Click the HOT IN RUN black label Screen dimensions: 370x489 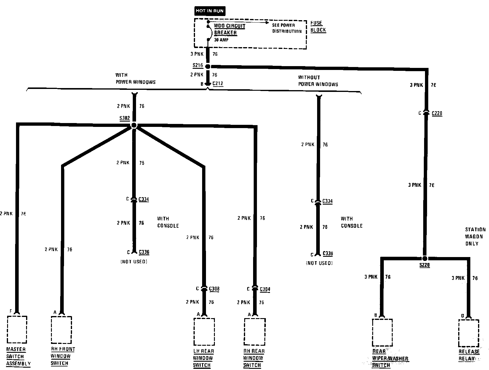click(x=210, y=11)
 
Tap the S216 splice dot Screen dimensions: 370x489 click(x=208, y=66)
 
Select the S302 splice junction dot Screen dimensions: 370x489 click(x=134, y=125)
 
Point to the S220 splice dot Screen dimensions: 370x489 click(x=425, y=258)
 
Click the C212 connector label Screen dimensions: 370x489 click(x=218, y=84)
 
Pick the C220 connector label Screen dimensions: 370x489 click(x=437, y=113)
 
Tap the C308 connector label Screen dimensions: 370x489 click(x=214, y=289)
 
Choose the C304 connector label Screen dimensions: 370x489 click(x=265, y=289)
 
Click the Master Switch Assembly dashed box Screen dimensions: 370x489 click(x=17, y=329)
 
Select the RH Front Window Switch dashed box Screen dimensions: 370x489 click(x=61, y=330)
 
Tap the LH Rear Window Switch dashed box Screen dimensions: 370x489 click(x=204, y=332)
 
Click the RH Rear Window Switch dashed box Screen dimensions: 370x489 click(x=255, y=332)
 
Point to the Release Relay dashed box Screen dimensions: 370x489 click(x=469, y=333)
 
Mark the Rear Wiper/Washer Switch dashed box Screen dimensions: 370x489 click(x=382, y=332)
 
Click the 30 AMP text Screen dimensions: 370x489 click(x=221, y=40)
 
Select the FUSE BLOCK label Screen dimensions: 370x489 click(x=318, y=26)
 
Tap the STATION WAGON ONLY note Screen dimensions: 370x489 click(x=475, y=236)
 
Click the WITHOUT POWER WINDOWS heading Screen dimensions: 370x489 click(x=318, y=81)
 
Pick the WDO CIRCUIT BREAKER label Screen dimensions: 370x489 click(x=229, y=29)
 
